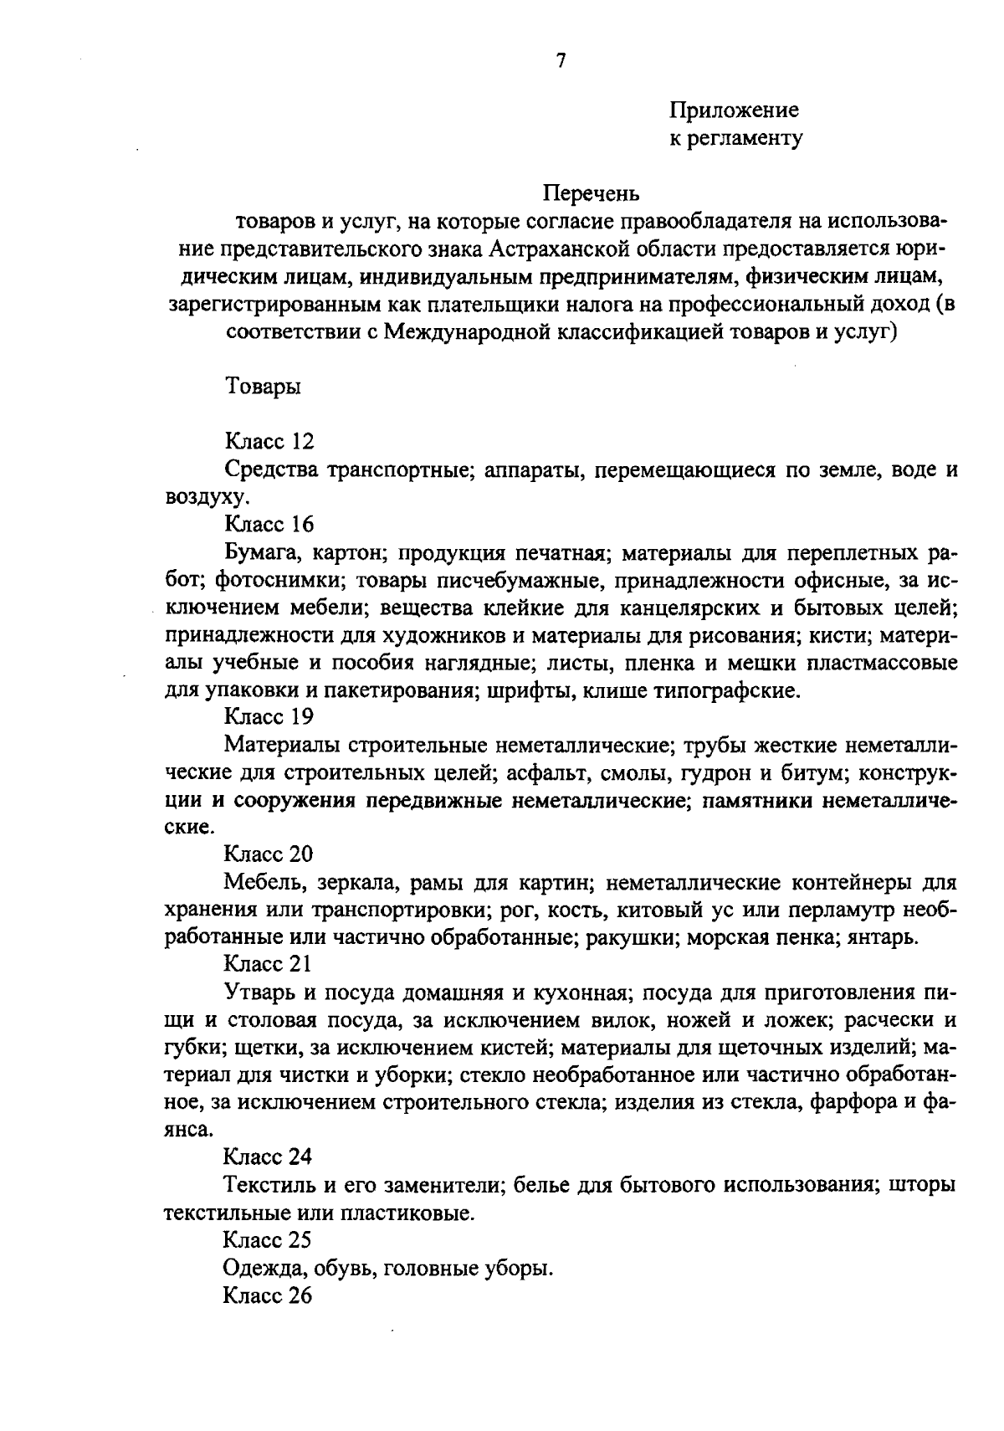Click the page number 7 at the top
click(561, 60)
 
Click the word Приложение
click(734, 110)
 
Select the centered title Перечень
click(592, 193)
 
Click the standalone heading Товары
click(263, 387)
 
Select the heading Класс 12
click(269, 442)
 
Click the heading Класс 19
click(268, 717)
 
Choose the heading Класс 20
click(268, 854)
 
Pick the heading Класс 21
click(268, 964)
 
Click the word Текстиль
click(266, 1185)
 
